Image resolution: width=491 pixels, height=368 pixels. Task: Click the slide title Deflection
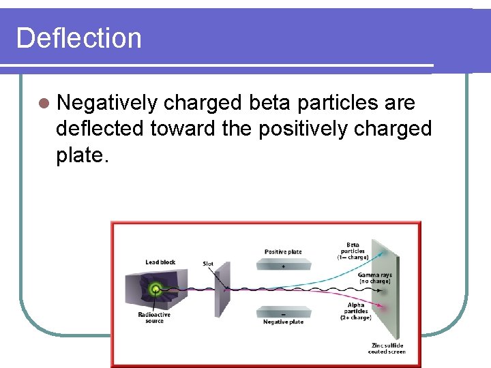point(78,37)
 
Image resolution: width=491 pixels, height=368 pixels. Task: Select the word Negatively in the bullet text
point(108,103)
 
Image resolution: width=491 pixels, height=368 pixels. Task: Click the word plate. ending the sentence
point(83,155)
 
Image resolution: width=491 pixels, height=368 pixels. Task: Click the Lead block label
point(160,262)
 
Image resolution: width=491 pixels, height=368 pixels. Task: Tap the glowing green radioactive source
point(156,289)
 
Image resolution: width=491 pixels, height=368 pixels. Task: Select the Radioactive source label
point(154,318)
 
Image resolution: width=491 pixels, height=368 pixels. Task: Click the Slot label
point(208,264)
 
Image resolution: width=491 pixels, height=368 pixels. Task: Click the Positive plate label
point(283,252)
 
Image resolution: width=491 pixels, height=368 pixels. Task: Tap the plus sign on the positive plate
point(283,266)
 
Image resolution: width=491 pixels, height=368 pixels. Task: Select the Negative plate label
point(283,322)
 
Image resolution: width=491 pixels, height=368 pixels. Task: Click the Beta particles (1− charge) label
point(353,251)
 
